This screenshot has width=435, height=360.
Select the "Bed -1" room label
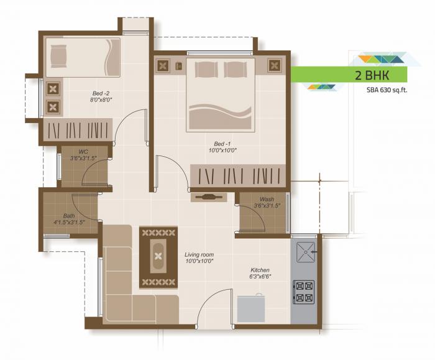(223, 142)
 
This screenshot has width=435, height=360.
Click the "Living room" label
(199, 254)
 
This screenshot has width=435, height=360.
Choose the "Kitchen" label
(260, 270)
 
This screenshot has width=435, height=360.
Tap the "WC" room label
(83, 151)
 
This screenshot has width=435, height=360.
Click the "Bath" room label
(69, 215)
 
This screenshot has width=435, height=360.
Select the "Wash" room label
(267, 199)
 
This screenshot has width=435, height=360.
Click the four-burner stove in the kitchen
(304, 291)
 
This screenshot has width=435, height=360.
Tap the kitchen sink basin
(304, 252)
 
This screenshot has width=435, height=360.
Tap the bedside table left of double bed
(165, 65)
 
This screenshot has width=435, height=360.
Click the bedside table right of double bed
(275, 64)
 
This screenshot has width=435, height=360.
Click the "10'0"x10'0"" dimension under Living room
(199, 262)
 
